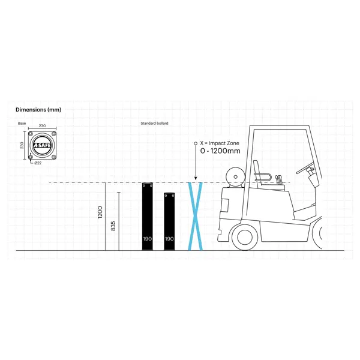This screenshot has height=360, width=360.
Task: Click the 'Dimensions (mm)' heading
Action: coord(38,110)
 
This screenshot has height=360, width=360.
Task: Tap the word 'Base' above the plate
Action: coord(22,123)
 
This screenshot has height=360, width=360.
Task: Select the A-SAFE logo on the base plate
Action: coord(43,146)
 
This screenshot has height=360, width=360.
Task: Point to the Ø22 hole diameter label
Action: coord(38,163)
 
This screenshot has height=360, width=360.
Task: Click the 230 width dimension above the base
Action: coord(43,126)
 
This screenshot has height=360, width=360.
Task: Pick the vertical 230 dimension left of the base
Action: coord(23,146)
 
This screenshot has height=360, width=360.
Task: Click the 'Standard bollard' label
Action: coord(154,123)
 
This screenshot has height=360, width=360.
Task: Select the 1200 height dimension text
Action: coord(100,213)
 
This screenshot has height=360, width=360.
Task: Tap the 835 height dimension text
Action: coord(113,226)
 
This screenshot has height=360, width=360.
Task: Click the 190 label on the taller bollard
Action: coord(148,239)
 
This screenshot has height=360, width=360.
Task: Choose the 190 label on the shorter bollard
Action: coord(170,239)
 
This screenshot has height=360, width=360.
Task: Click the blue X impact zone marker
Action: coord(195,216)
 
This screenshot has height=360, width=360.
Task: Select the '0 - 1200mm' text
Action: coord(221,152)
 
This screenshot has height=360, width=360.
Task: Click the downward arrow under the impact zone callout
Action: coord(196,165)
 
